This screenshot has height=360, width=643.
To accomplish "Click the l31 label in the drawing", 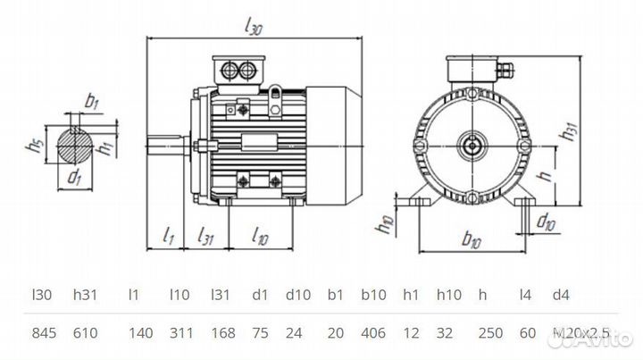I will (x=205, y=236).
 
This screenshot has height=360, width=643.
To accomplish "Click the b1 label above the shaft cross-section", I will (x=92, y=101).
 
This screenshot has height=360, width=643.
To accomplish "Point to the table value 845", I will (x=45, y=333).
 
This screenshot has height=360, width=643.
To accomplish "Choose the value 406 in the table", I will (x=373, y=333).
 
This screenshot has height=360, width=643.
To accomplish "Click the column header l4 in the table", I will (x=527, y=294).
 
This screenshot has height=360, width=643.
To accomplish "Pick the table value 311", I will (x=181, y=333).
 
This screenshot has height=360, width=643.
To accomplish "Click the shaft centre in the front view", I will (x=471, y=143).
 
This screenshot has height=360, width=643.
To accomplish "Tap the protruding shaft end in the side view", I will (x=165, y=143).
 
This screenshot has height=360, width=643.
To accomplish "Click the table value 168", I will (x=222, y=333).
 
